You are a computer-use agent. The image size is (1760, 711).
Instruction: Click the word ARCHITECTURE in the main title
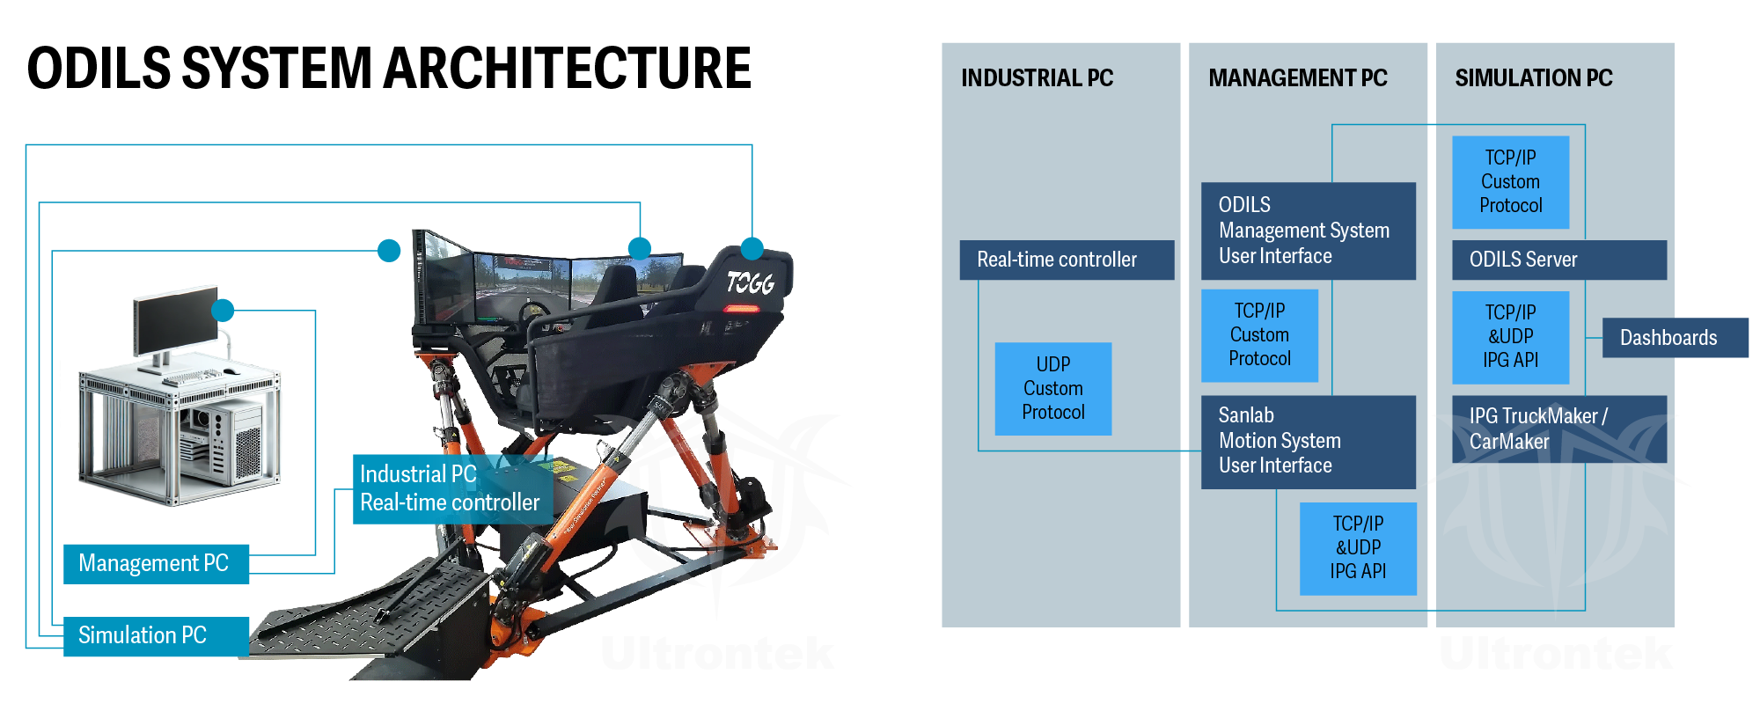[x=567, y=69]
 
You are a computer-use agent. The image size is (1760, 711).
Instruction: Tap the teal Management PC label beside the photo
[x=156, y=563]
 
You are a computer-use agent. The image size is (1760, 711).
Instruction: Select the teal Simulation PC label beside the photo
[x=156, y=635]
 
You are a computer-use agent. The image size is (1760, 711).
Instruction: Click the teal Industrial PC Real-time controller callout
[x=451, y=488]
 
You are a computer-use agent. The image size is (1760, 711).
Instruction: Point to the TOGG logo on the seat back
[x=750, y=282]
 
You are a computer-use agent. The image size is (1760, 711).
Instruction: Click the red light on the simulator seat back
[x=741, y=309]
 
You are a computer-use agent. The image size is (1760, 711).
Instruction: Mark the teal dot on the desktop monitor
[x=223, y=310]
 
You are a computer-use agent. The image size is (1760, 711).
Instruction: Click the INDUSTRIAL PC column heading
[x=1037, y=78]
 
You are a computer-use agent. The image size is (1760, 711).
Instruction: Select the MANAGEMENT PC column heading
[x=1297, y=78]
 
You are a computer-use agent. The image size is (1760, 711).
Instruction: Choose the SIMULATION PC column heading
[x=1533, y=78]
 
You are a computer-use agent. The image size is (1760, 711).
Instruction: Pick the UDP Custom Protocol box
[x=1052, y=388]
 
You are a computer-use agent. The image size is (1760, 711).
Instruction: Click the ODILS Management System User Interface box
[x=1308, y=231]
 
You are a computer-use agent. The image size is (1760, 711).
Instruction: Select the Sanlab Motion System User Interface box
[x=1308, y=441]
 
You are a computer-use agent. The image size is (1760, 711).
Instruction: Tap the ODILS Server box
[x=1558, y=260]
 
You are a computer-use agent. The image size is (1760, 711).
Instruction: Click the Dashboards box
[x=1675, y=338]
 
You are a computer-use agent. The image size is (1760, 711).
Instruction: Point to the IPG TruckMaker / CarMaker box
[x=1558, y=429]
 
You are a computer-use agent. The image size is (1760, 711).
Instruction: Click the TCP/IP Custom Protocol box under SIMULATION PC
[x=1510, y=181]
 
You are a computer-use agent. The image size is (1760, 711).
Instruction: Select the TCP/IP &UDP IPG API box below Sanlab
[x=1358, y=547]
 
